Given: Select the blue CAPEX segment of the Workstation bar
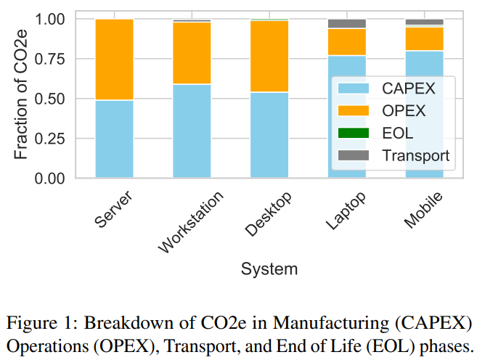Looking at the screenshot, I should coord(192,131).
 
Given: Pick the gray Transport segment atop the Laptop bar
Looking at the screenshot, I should coord(347,23).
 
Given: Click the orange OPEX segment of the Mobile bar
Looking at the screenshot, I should coord(425,38).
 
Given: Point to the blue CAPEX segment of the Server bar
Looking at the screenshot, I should coord(114,139).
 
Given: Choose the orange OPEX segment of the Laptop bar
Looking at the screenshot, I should coord(347,42).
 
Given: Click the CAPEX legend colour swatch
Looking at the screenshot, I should coord(354,89).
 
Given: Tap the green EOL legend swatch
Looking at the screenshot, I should coord(354,133).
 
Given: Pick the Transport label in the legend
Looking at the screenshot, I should coord(416,155).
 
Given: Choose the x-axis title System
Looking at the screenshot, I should coord(269,269).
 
